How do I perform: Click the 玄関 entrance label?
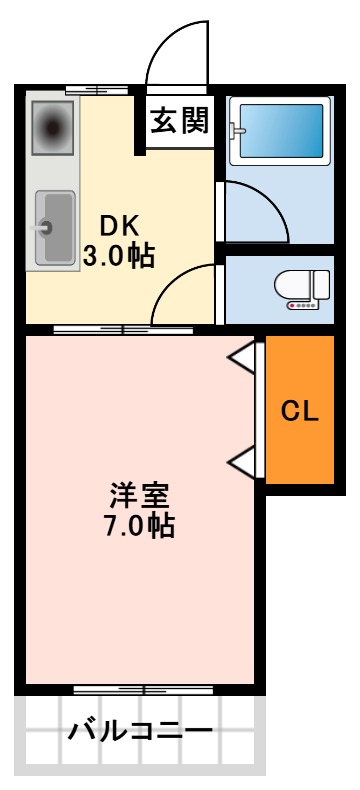181,122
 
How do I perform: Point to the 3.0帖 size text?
118,256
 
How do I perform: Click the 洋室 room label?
140,495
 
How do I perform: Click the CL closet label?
299,411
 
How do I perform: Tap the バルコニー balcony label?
140,731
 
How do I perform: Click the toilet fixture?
304,288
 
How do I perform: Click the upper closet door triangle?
243,356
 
